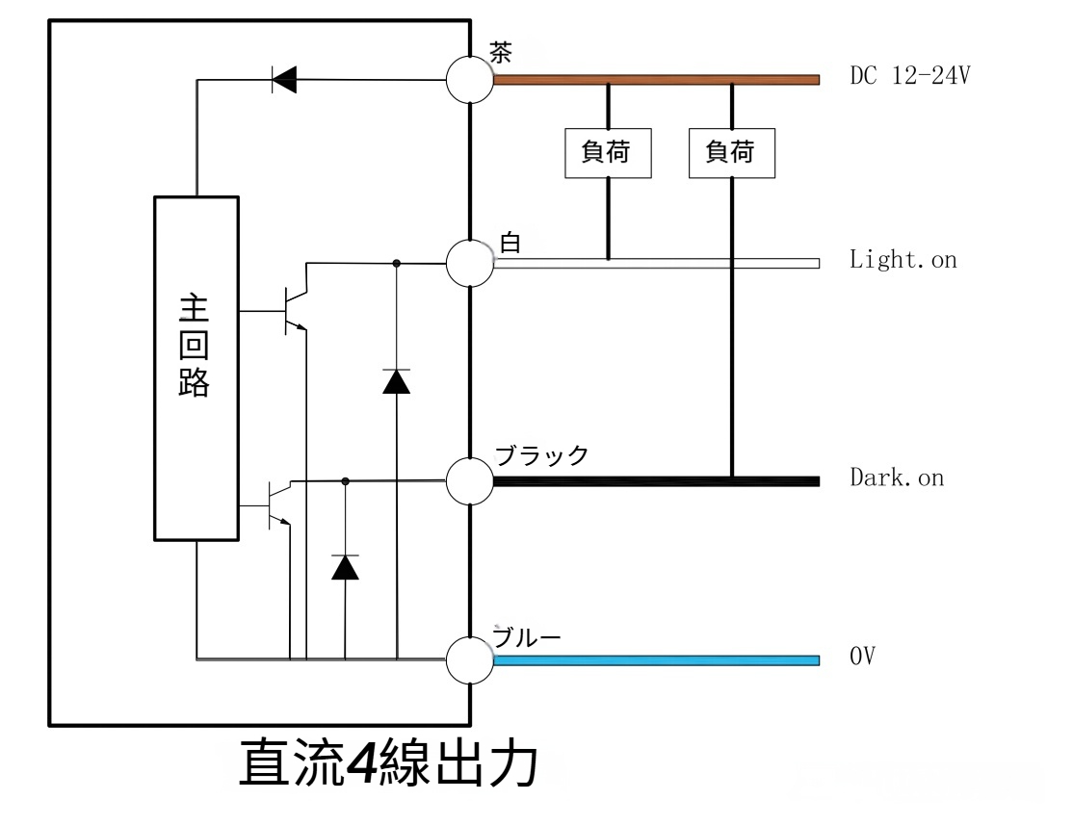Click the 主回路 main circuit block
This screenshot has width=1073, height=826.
196,368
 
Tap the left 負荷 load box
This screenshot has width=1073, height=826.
607,152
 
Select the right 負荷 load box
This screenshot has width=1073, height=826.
731,152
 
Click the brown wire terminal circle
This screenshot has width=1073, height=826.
470,79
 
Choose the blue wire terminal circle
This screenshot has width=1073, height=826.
470,660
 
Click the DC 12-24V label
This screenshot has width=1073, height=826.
909,77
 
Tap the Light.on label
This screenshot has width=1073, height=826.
903,260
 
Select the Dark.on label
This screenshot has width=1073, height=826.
896,478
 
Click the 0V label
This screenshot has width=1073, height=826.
862,658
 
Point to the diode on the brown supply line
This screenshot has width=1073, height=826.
283,80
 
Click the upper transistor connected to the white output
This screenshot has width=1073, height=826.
293,310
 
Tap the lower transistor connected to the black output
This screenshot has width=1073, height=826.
276,502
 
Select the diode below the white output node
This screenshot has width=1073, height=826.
396,381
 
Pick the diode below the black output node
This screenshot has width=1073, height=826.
345,567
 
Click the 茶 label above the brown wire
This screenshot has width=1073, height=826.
501,52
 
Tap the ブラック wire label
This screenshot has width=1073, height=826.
541,455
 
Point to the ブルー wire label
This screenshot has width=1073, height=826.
527,637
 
